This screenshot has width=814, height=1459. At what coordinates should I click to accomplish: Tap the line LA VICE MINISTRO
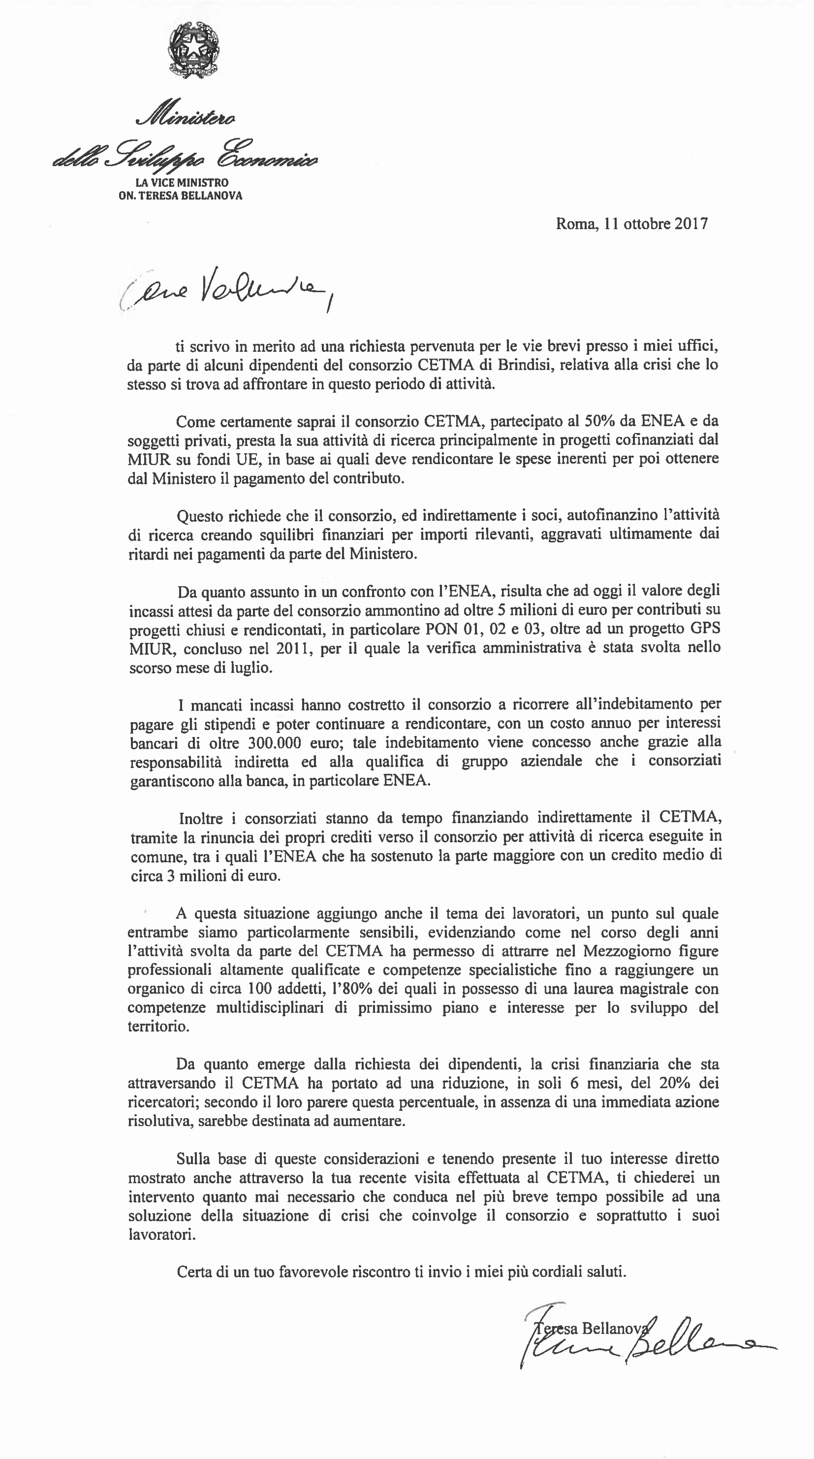click(182, 183)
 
